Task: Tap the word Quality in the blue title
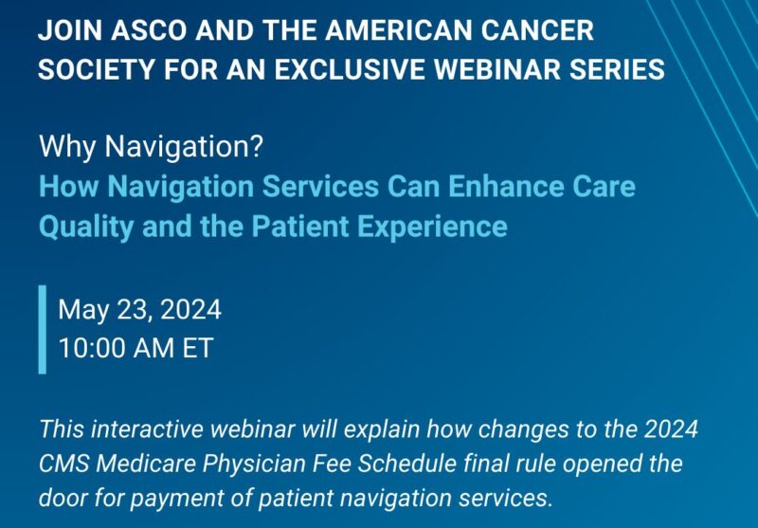click(x=80, y=228)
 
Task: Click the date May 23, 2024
click(x=139, y=309)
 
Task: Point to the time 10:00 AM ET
click(x=135, y=348)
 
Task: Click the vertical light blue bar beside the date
click(x=43, y=329)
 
